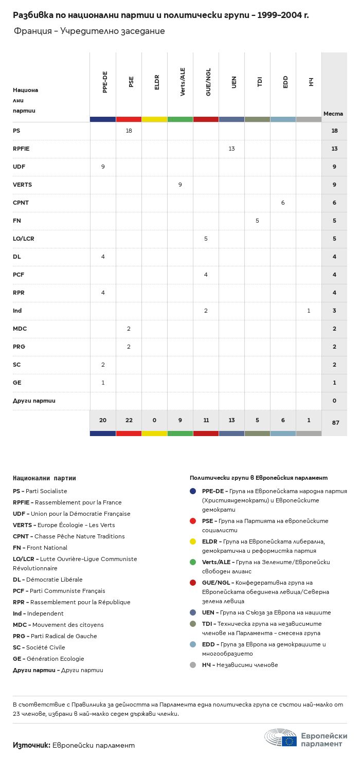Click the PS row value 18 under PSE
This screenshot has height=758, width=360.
point(129,131)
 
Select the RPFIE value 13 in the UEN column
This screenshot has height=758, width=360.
point(231,149)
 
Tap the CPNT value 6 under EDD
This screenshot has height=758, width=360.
point(283,203)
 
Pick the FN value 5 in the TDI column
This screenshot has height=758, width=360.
point(257,221)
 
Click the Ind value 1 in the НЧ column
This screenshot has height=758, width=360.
point(309,311)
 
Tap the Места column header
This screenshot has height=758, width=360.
point(333,114)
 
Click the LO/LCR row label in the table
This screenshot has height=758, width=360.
point(24,239)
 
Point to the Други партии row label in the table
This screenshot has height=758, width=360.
point(34,400)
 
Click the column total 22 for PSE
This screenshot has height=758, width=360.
point(129,420)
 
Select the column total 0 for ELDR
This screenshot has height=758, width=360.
point(154,420)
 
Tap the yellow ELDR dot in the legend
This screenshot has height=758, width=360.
point(193,542)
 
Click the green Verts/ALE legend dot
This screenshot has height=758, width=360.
point(193,562)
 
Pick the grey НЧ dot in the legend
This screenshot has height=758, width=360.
point(193,665)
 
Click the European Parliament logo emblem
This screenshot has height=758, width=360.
point(281,738)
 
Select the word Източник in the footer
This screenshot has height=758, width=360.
point(31,745)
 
